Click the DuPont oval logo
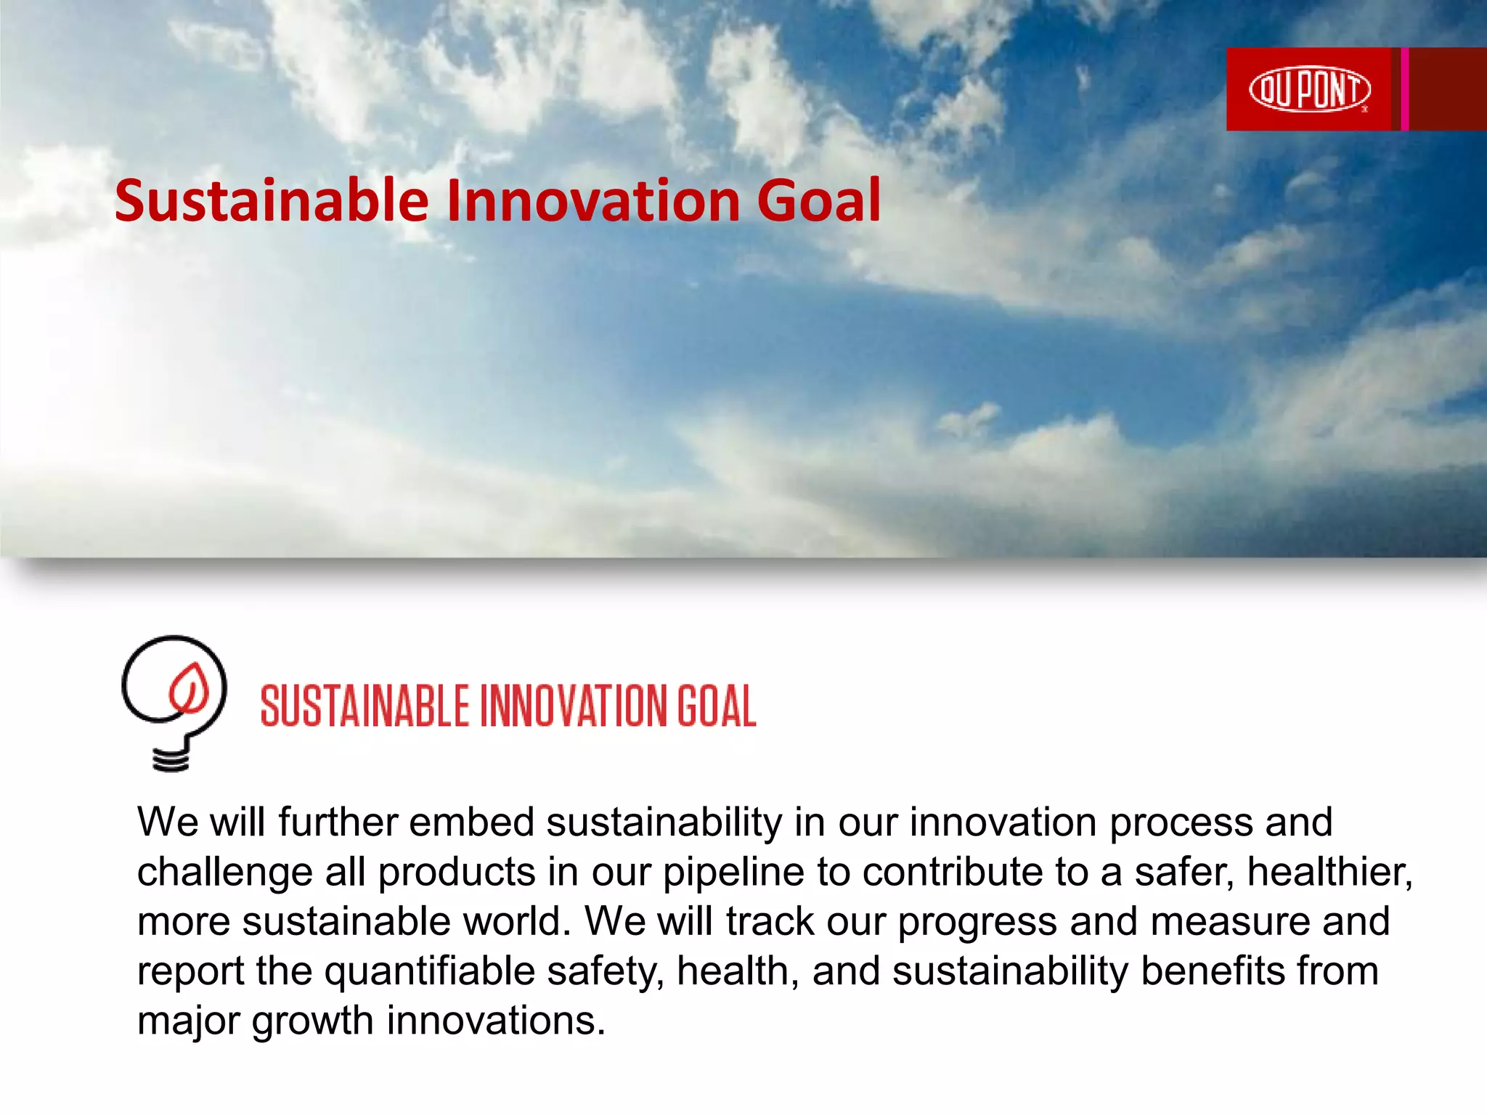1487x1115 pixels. point(1309,90)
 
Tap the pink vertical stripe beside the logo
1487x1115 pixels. point(1405,89)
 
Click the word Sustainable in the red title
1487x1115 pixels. point(271,200)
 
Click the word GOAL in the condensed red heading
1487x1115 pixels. point(717,706)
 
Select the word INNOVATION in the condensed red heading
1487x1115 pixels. point(574,706)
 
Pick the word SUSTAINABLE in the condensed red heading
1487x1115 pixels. point(365,706)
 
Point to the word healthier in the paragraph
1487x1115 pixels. point(1329,872)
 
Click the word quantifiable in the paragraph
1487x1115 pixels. point(429,972)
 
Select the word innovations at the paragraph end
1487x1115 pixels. point(496,1021)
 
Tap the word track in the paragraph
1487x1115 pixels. point(770,921)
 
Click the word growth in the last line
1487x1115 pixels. point(313,1021)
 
